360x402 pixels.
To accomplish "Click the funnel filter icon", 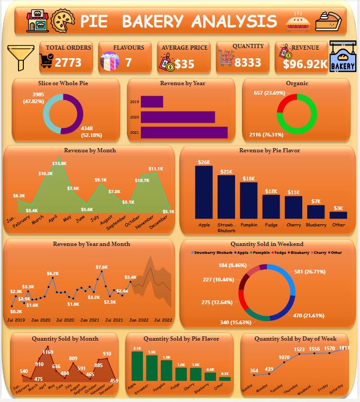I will click(x=18, y=57).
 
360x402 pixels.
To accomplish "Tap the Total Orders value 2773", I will click(x=68, y=63).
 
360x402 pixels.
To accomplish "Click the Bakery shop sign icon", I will click(x=343, y=57).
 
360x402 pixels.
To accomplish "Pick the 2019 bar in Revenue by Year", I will click(x=152, y=101).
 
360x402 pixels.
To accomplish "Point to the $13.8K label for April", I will click(x=59, y=163).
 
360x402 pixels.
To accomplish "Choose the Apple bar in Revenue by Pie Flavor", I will click(x=204, y=192).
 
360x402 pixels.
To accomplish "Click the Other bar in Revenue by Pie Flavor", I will click(x=338, y=215).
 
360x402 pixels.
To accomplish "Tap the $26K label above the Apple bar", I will click(x=204, y=162).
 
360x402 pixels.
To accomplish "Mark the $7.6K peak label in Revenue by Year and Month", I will click(x=102, y=267).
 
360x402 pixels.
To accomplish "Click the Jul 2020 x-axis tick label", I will click(x=65, y=320).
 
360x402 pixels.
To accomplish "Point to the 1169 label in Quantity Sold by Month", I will click(x=48, y=352).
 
